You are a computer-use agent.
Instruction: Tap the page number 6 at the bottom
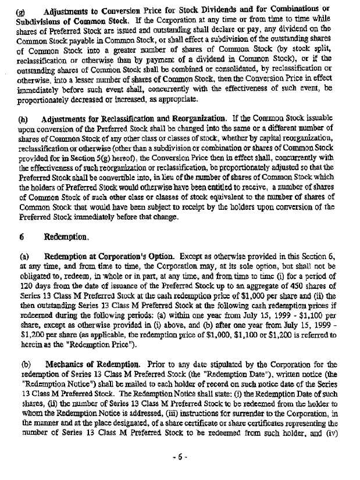click(x=180, y=457)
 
